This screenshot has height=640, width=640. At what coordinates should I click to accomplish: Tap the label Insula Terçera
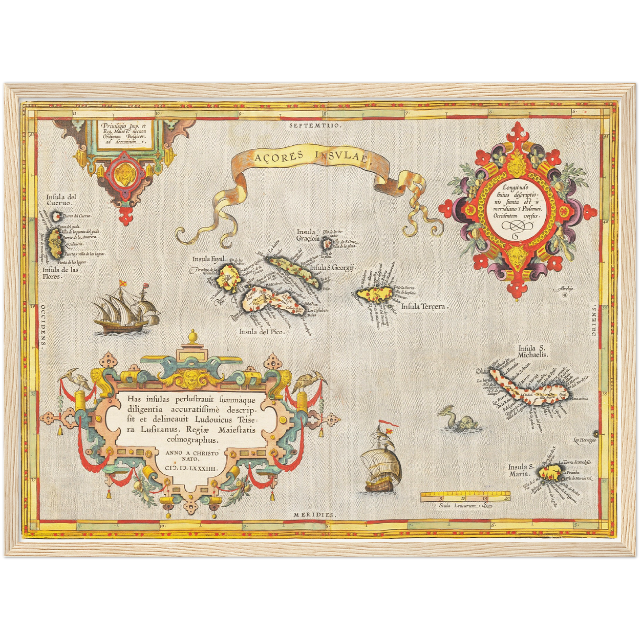[x=424, y=306]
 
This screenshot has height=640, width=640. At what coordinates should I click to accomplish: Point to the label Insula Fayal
[x=209, y=259]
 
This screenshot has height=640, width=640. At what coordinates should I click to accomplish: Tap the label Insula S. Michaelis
[x=534, y=352]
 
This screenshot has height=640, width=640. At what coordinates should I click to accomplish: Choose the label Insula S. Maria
[x=519, y=470]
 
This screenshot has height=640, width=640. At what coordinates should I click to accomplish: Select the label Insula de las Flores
[x=61, y=272]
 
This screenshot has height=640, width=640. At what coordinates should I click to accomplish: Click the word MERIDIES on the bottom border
[x=315, y=515]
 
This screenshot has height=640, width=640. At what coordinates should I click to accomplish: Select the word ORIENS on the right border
[x=593, y=323]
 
